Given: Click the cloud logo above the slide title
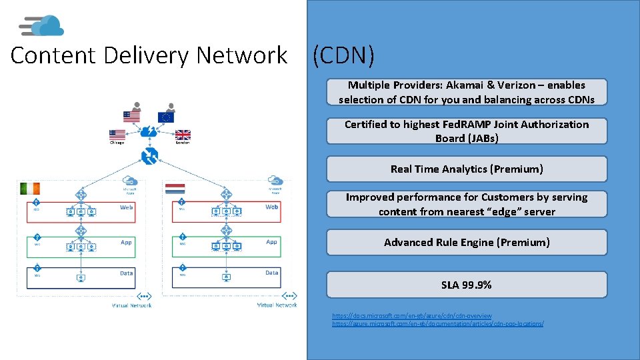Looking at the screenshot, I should (43, 26).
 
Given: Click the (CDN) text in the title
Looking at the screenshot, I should (343, 56).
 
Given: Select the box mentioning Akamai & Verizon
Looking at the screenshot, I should (467, 92).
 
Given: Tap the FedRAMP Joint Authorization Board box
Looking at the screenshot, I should (467, 131).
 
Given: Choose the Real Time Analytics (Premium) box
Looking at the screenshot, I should (467, 169).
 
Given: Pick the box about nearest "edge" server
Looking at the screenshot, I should (467, 204).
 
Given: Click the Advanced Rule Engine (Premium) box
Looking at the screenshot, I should (467, 243).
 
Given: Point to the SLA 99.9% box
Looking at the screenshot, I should (467, 285).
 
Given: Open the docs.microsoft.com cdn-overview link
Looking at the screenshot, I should (412, 316).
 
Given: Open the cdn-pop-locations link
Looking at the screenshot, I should (437, 323).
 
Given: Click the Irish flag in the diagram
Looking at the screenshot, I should (31, 188).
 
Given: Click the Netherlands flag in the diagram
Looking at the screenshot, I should (175, 188).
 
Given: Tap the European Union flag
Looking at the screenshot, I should (166, 117).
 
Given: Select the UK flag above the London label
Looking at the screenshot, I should (183, 134).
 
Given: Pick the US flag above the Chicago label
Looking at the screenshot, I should (117, 134).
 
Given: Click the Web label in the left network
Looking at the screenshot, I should (127, 207).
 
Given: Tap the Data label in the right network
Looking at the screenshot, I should (272, 273).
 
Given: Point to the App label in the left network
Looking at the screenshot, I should (127, 242).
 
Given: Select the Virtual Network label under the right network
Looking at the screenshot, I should (277, 305).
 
